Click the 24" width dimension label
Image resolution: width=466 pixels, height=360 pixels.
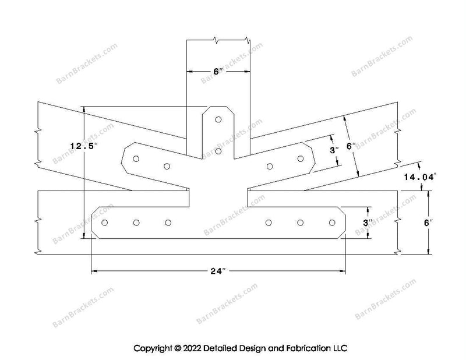click(x=218, y=271)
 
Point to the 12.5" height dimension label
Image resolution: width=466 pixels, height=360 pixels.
click(x=84, y=146)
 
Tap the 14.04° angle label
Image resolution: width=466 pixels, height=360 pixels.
click(x=420, y=177)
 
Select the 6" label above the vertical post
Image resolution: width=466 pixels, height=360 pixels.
click(x=218, y=71)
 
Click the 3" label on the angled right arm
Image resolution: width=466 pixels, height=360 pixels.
click(x=334, y=150)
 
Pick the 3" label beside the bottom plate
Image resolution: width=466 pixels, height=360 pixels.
click(x=368, y=223)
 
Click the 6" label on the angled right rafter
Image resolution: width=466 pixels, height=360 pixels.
click(x=352, y=146)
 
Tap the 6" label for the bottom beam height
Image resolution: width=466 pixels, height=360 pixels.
click(x=429, y=223)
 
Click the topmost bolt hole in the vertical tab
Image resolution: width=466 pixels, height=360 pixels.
click(x=218, y=119)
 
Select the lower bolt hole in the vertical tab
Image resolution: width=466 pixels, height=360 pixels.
click(x=218, y=151)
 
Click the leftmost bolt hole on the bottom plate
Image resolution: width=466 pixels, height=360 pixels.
click(x=105, y=223)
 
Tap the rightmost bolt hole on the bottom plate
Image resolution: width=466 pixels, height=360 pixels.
click(x=332, y=223)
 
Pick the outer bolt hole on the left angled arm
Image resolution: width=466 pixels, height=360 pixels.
click(x=136, y=159)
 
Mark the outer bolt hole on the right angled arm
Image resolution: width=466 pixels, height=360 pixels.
click(x=301, y=159)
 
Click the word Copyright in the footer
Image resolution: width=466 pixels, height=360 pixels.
click(x=153, y=348)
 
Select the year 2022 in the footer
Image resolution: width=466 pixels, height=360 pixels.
click(x=192, y=348)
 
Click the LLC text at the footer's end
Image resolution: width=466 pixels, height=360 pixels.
click(x=340, y=348)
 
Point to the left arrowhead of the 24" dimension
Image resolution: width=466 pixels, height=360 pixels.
click(x=94, y=271)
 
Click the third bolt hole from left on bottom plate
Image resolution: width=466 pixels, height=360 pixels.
click(x=168, y=223)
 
